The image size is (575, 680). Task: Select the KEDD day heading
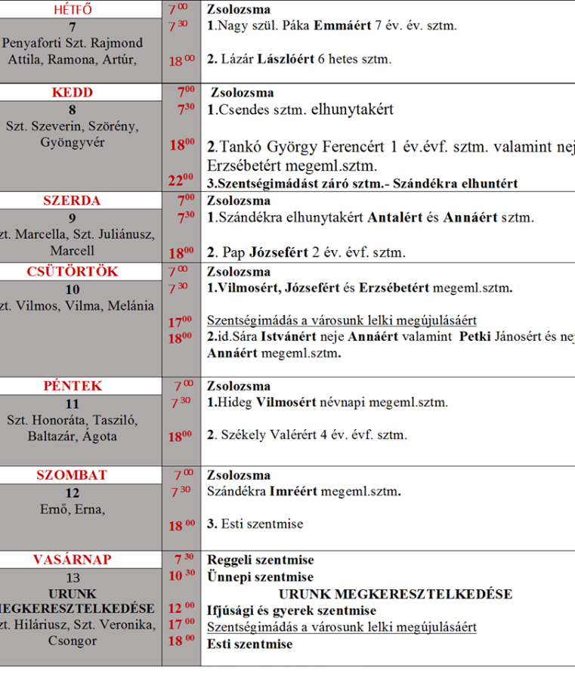pos(73,93)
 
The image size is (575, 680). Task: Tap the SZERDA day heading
pos(73,201)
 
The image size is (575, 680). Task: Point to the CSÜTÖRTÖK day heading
pos(73,271)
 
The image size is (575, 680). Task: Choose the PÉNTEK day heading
pos(73,385)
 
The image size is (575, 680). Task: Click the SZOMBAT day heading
pos(73,475)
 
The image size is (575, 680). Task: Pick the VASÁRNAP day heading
pos(73,560)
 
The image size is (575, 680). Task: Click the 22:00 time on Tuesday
pos(181,180)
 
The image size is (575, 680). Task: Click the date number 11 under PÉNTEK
pos(73,403)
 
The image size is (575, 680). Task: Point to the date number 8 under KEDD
pos(73,110)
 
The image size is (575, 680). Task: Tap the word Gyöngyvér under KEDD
pos(73,142)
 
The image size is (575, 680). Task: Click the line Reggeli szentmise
pos(260,560)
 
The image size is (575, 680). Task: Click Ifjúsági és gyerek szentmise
pos(291,610)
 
